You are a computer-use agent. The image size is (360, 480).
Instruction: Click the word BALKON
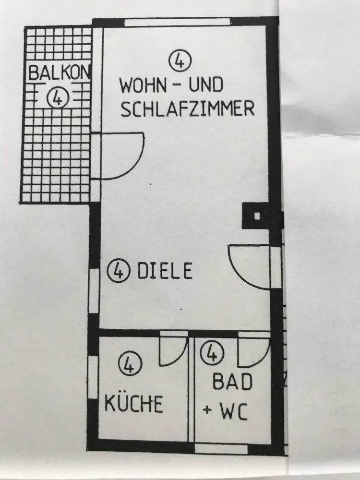[x=60, y=73]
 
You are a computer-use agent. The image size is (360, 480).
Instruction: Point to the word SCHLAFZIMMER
[x=187, y=109]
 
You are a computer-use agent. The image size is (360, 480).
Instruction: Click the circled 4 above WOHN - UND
[x=180, y=61]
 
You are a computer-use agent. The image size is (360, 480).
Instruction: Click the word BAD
[x=232, y=383]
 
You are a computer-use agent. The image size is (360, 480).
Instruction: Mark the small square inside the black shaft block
[x=257, y=216]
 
